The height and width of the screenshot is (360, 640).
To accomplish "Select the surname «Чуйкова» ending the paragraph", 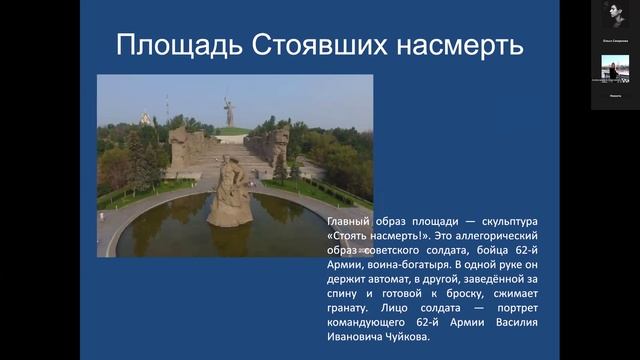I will click(402, 339).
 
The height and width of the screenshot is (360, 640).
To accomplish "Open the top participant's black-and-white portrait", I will click(614, 16).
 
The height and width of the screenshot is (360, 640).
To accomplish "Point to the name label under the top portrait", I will click(614, 39).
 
